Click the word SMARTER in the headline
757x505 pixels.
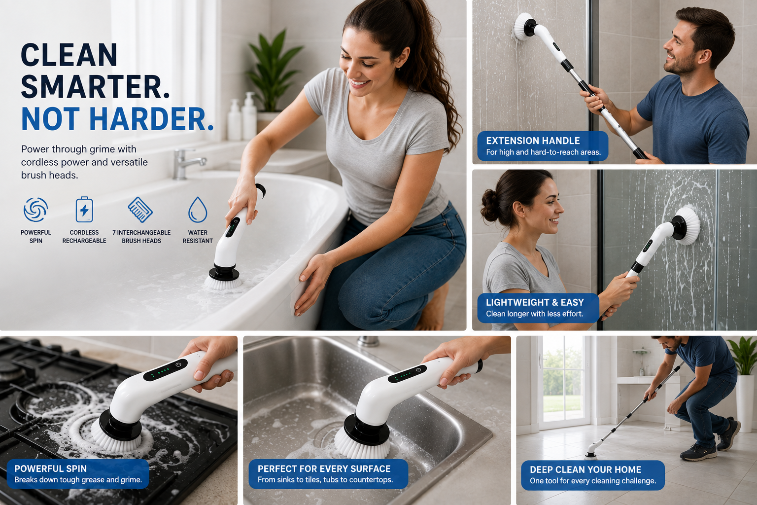tap(95, 87)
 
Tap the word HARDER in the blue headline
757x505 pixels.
tap(151, 119)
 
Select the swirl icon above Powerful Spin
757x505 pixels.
tap(35, 210)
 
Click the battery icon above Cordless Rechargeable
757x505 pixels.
tap(84, 210)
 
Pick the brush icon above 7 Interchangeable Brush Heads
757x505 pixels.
tap(140, 210)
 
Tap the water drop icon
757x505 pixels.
tap(198, 210)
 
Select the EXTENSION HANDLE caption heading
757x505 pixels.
tap(533, 141)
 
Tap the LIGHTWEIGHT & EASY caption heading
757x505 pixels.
tap(535, 302)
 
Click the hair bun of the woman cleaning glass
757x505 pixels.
tap(489, 205)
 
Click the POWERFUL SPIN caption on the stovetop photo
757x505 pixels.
tap(51, 469)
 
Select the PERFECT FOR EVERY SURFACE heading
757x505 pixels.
tap(324, 469)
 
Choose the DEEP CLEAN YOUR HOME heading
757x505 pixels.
tap(585, 469)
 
